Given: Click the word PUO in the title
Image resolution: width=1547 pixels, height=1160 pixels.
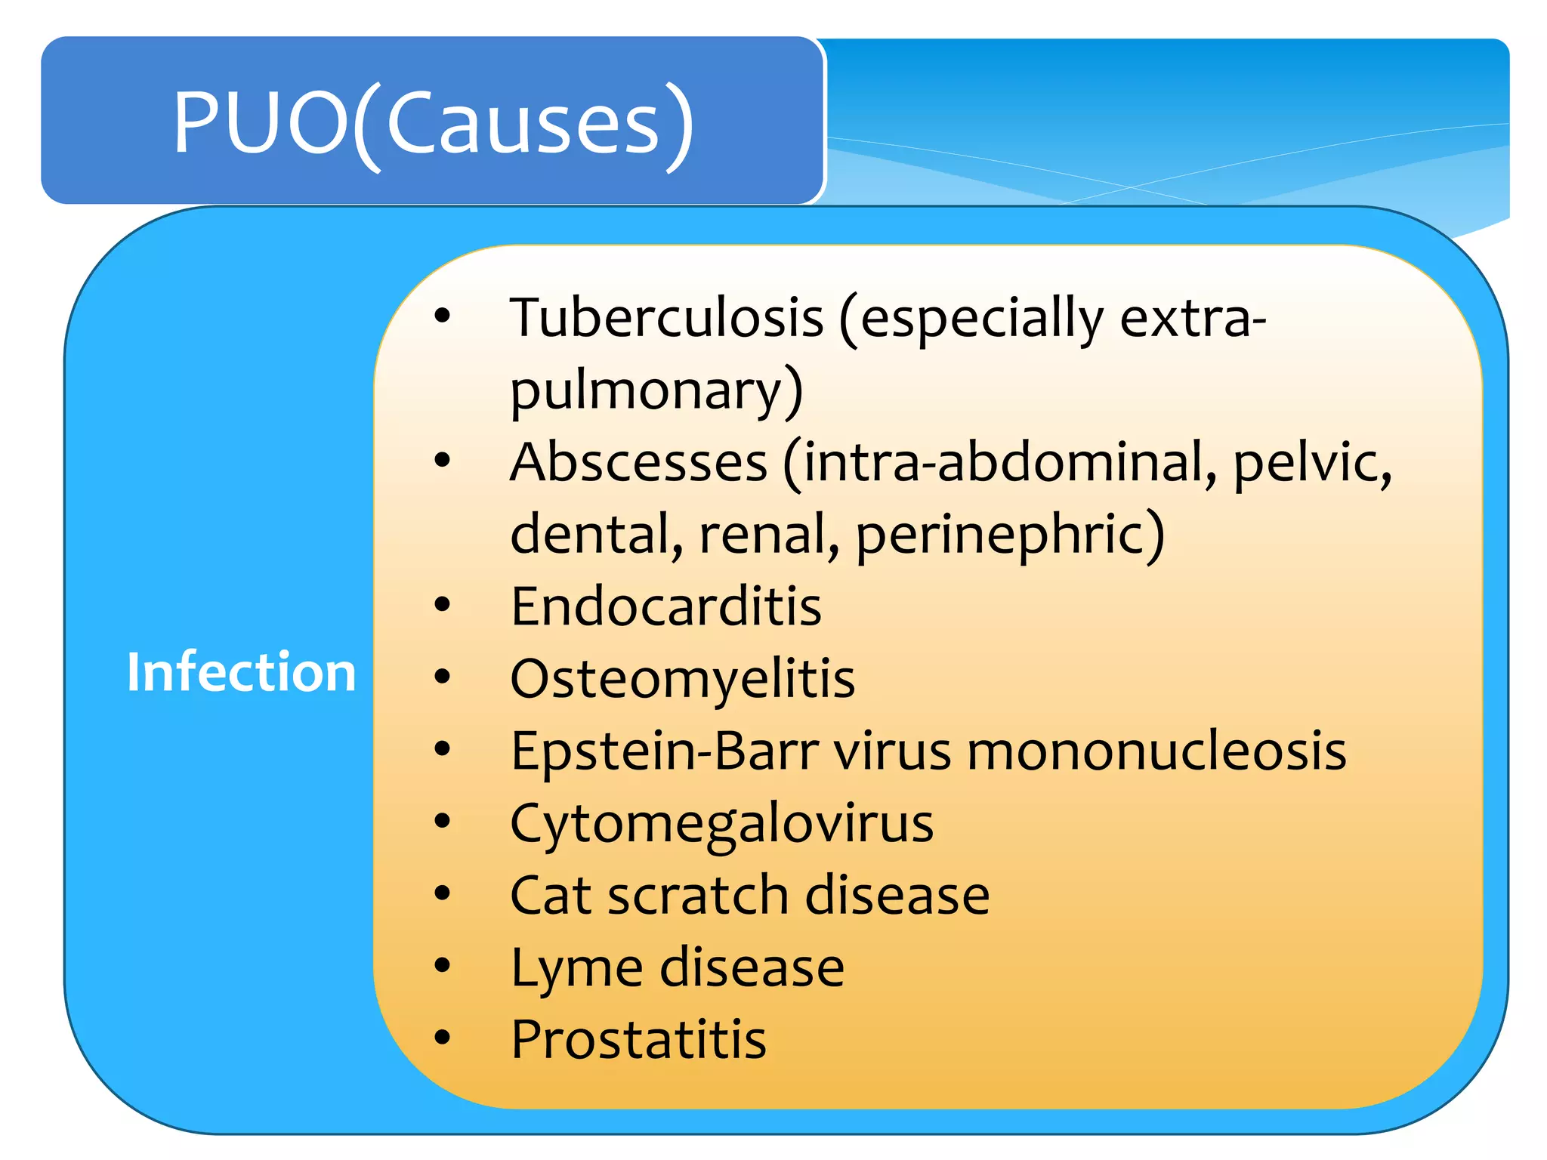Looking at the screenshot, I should [261, 122].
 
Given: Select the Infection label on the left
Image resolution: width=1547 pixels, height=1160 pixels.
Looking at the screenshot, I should [241, 671].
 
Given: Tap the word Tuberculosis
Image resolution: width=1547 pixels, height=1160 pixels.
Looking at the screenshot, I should [666, 317].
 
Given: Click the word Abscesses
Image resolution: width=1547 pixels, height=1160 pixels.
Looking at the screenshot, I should [639, 462].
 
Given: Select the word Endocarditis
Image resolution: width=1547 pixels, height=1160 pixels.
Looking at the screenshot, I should [665, 606].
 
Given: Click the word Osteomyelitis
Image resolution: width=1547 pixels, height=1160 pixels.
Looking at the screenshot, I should [682, 678].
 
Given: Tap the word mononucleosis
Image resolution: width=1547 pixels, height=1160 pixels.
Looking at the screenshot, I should [1156, 751].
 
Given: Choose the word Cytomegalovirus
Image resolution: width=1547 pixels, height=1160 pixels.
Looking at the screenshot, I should [721, 823].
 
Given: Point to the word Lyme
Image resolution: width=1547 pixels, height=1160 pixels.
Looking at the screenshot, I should [576, 968].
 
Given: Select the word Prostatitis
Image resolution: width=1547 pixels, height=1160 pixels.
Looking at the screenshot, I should [638, 1040].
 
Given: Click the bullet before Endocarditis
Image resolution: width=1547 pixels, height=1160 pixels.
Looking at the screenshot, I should [443, 604].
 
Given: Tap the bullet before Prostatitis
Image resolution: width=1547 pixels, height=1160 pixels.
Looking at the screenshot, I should [443, 1038].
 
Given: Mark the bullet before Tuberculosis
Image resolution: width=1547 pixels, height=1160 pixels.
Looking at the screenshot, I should [443, 315].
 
